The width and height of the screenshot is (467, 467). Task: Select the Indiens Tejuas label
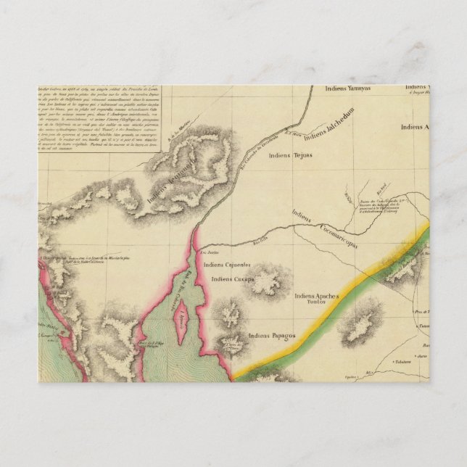click(289, 154)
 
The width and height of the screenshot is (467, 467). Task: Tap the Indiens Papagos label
click(272, 336)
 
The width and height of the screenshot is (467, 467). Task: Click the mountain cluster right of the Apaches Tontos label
click(363, 322)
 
